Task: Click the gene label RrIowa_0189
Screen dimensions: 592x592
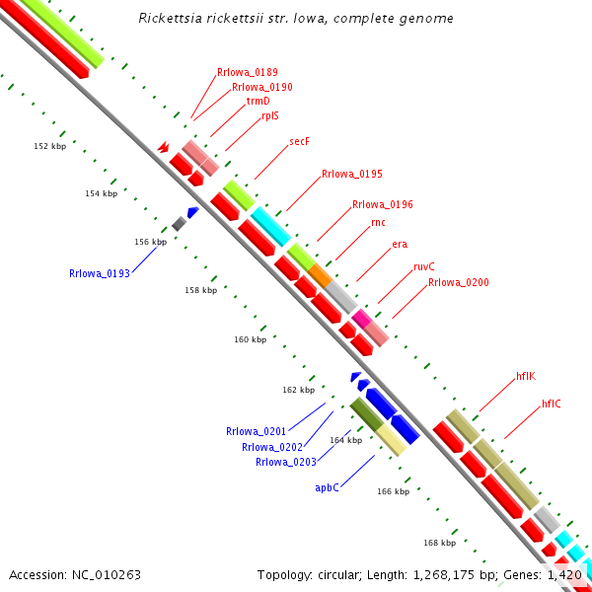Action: point(248,72)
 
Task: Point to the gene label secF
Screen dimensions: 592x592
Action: point(299,142)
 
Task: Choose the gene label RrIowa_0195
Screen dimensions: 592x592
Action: point(352,174)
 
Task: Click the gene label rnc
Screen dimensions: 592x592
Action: point(378,223)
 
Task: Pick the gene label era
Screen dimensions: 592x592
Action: point(400,244)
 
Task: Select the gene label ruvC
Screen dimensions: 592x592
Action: point(424,266)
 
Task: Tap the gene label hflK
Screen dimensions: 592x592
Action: point(525,376)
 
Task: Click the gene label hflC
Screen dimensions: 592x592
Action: point(552,404)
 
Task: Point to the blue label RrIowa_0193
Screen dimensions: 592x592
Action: point(100,273)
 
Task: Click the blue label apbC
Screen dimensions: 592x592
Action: point(327,487)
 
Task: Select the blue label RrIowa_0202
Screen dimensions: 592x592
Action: point(272,447)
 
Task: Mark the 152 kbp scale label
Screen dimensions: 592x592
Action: point(49,146)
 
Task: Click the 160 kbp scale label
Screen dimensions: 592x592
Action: point(250,339)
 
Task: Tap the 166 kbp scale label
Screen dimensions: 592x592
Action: point(393,491)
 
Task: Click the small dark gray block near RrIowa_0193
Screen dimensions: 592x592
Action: point(179,224)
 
